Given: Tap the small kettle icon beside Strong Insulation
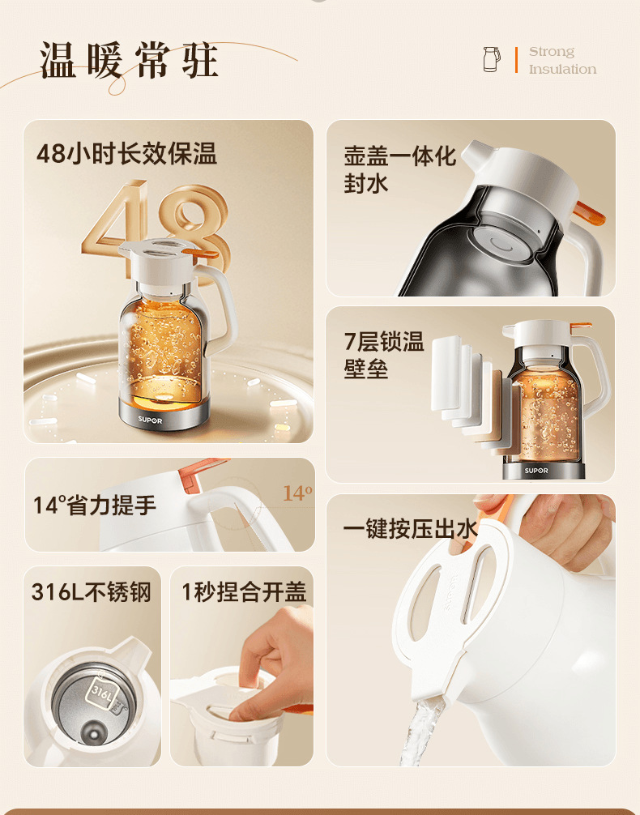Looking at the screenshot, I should coord(492,59).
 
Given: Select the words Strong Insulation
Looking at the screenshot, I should coord(562,61).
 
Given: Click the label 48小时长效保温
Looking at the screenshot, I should coord(126,154).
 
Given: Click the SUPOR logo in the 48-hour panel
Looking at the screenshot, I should coord(149,420).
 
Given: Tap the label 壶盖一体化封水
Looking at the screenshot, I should coord(399,169).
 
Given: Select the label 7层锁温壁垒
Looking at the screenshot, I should coord(384,355).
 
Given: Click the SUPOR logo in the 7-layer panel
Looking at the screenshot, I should coord(535,470).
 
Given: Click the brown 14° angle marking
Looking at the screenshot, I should coord(297,493).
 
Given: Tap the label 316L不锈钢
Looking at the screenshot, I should coord(92,592).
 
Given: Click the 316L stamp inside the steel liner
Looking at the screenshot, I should coord(101,693).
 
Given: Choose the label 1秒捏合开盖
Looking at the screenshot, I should coord(244,592).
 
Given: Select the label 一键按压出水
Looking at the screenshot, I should coord(410,529).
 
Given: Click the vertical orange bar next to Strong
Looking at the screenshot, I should coord(516,60).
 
